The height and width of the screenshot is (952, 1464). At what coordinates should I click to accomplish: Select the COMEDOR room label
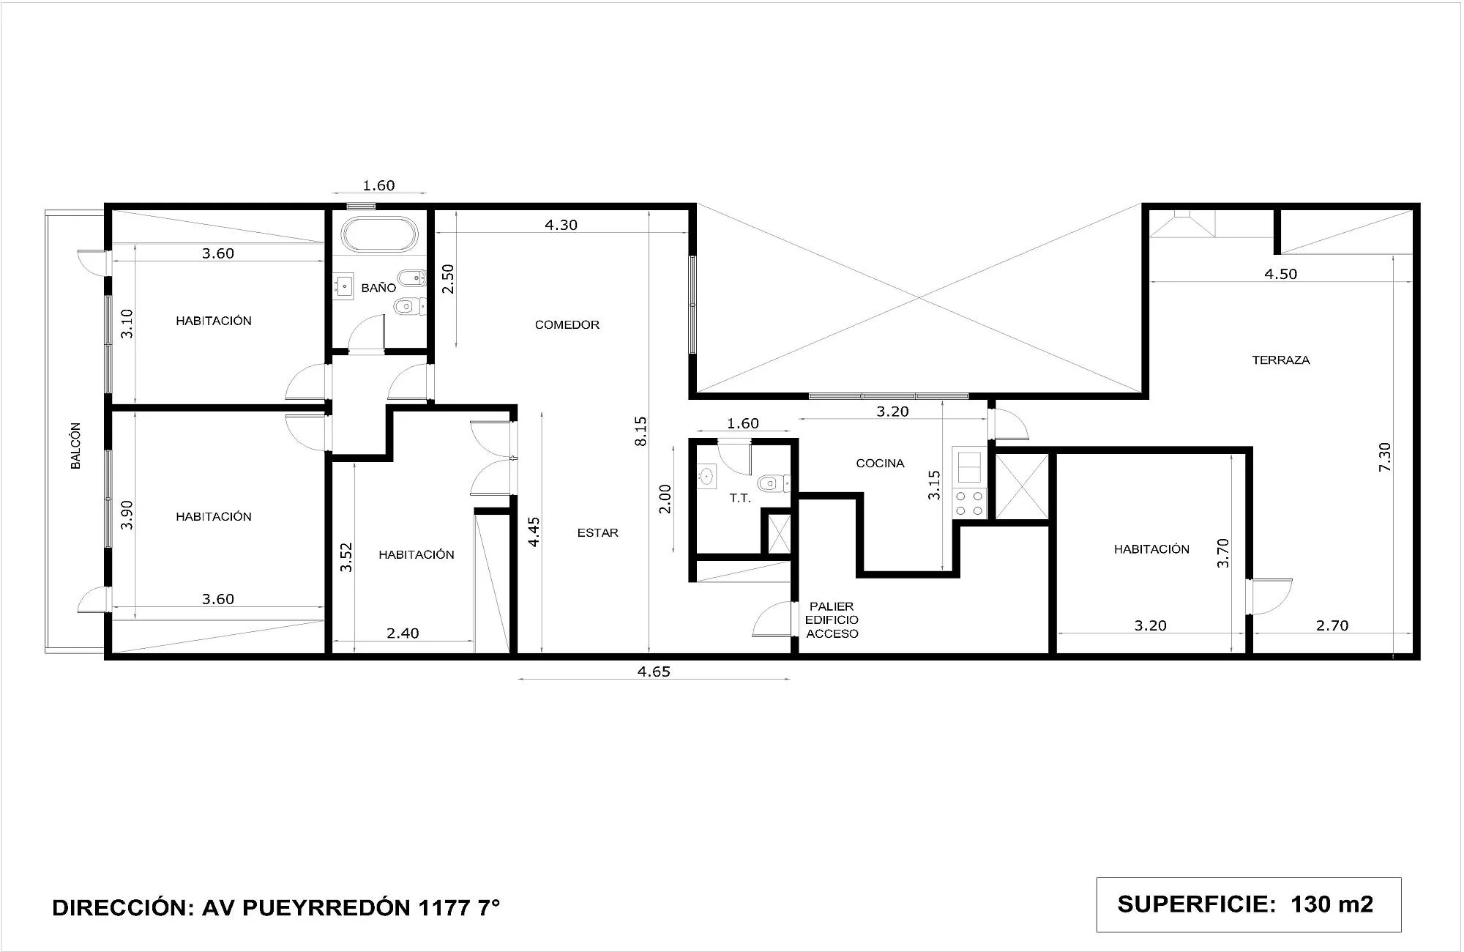[567, 324]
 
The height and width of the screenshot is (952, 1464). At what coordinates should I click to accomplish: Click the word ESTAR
[598, 532]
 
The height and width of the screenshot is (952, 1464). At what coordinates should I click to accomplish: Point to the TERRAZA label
[1281, 360]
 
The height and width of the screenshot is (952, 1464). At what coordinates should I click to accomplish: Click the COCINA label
[881, 463]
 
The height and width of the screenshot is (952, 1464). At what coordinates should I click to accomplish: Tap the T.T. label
[740, 498]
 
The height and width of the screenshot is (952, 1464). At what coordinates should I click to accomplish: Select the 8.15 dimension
[641, 431]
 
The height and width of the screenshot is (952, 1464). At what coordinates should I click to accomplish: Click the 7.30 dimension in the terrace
[1385, 457]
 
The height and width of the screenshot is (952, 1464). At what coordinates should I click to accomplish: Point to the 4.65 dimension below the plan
[654, 672]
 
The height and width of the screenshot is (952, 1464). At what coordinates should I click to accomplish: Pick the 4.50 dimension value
[1281, 274]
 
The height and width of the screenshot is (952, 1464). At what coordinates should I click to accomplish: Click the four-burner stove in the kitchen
[969, 502]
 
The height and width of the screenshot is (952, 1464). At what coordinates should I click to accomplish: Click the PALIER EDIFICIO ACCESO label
[832, 620]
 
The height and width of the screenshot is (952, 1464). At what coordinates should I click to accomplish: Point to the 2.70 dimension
[1332, 625]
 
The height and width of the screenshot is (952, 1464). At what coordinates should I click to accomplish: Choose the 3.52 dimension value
[347, 557]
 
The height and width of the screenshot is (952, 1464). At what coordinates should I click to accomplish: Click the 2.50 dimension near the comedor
[449, 279]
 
